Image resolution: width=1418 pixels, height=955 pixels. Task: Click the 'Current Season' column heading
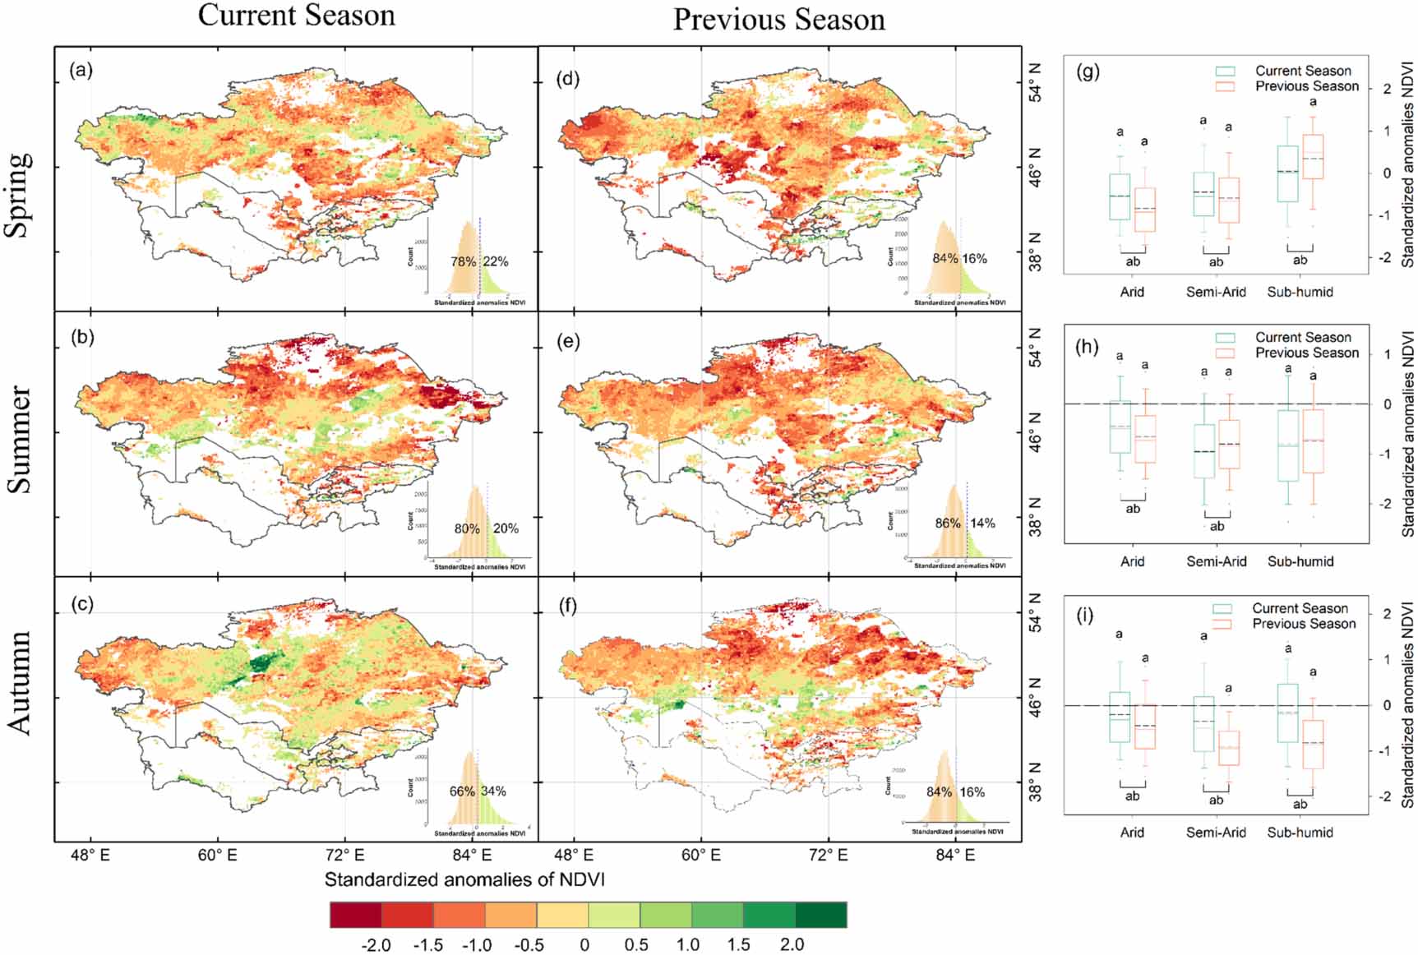coord(296,15)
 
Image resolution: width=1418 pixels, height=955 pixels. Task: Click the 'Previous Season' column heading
coord(778,19)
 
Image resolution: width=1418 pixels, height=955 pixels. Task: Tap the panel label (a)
coord(81,70)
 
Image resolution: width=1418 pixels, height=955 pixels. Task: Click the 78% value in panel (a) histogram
coord(463,261)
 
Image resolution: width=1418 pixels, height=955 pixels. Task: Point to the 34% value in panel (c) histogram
coord(493,791)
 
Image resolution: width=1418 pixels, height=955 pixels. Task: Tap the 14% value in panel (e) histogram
coord(982,523)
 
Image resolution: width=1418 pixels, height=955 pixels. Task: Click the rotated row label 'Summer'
coord(19,440)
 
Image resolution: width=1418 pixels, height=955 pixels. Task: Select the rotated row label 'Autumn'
coord(19,682)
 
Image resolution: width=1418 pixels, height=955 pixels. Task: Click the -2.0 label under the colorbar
coord(376,944)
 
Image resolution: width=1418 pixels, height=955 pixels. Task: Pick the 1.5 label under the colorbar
coord(738,944)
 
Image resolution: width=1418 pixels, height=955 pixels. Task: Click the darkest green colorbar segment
coord(820,915)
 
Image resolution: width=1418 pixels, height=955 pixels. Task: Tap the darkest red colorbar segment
coord(355,915)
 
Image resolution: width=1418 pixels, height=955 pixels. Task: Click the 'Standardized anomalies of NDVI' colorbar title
coord(464,879)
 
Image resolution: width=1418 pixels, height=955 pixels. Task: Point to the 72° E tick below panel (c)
coord(345,855)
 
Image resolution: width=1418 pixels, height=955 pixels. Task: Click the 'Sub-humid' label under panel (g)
coord(1300,292)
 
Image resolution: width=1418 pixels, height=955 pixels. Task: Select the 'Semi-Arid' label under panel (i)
coord(1216,832)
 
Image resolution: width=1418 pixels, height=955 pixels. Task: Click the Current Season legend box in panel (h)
coord(1226,338)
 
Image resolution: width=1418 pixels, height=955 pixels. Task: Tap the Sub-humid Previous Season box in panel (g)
coord(1313,157)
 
